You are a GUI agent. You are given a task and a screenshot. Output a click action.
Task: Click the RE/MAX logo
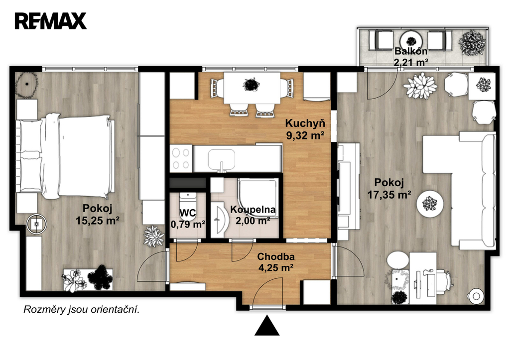click(50, 21)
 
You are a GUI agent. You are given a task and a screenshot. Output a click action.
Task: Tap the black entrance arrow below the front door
click(267, 325)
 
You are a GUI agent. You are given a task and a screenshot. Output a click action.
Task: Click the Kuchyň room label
click(305, 123)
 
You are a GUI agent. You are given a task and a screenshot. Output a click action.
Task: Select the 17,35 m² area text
click(389, 195)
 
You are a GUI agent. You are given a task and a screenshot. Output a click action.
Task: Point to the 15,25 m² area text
click(97, 221)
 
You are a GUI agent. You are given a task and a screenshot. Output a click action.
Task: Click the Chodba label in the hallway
click(276, 256)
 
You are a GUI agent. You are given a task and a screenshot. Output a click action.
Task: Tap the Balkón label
click(411, 51)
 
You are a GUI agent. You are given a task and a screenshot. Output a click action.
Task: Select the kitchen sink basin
click(221, 159)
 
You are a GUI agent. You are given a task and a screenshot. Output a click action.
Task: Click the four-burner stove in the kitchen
click(181, 158)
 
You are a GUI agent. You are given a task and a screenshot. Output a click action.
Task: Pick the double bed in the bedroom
click(65, 156)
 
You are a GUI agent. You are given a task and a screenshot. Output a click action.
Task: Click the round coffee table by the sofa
click(430, 204)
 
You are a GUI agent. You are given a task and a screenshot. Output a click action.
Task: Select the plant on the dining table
click(251, 85)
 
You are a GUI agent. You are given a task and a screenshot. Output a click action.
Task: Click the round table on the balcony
click(411, 41)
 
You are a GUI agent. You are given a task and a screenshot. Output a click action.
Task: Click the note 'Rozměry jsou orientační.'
click(81, 310)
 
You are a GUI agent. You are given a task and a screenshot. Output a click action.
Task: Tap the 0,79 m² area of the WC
click(188, 224)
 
